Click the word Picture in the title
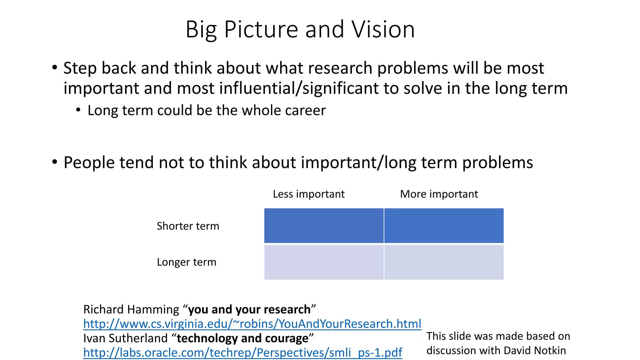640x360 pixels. coord(261,29)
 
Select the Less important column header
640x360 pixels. coord(308,194)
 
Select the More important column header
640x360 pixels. coord(439,194)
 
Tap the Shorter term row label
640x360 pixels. coord(188,226)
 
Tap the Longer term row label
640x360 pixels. coord(187,262)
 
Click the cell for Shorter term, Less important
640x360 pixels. coord(324,226)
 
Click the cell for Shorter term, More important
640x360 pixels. coord(444,226)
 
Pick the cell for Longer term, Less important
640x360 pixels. coord(324,262)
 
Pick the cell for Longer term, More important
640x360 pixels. coord(444,262)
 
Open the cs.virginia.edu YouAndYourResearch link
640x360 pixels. coord(252,324)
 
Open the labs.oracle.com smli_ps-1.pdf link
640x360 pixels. coord(242,352)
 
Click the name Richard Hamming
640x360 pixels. coord(131,309)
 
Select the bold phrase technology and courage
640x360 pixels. coord(242,338)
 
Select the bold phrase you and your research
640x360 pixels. coord(249,309)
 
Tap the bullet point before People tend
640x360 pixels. coord(55,162)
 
